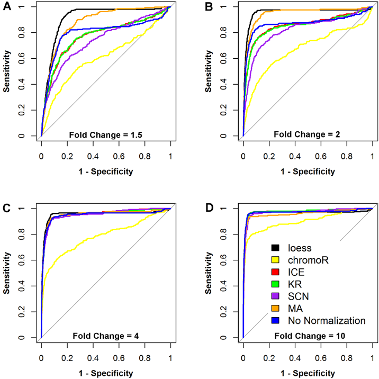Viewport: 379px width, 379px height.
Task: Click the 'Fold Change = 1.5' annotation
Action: [x=105, y=134]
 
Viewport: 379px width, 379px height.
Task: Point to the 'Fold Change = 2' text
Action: [x=307, y=134]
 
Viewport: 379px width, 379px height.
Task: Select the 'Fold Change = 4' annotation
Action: [x=105, y=336]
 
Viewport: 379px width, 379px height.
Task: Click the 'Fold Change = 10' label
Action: [x=307, y=336]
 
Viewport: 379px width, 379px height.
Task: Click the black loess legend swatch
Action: [x=275, y=247]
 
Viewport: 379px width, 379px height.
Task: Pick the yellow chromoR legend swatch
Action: [x=275, y=259]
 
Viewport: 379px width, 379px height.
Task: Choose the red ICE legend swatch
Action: [x=275, y=272]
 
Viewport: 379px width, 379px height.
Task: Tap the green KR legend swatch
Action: [x=275, y=284]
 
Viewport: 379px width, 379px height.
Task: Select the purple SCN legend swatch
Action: [x=275, y=296]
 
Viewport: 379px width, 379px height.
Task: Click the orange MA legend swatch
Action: [x=275, y=308]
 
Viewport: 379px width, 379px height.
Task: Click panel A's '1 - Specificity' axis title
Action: [x=106, y=171]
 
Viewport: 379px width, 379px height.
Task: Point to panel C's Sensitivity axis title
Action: [x=7, y=273]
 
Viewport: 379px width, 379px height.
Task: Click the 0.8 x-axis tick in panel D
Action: [x=347, y=358]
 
